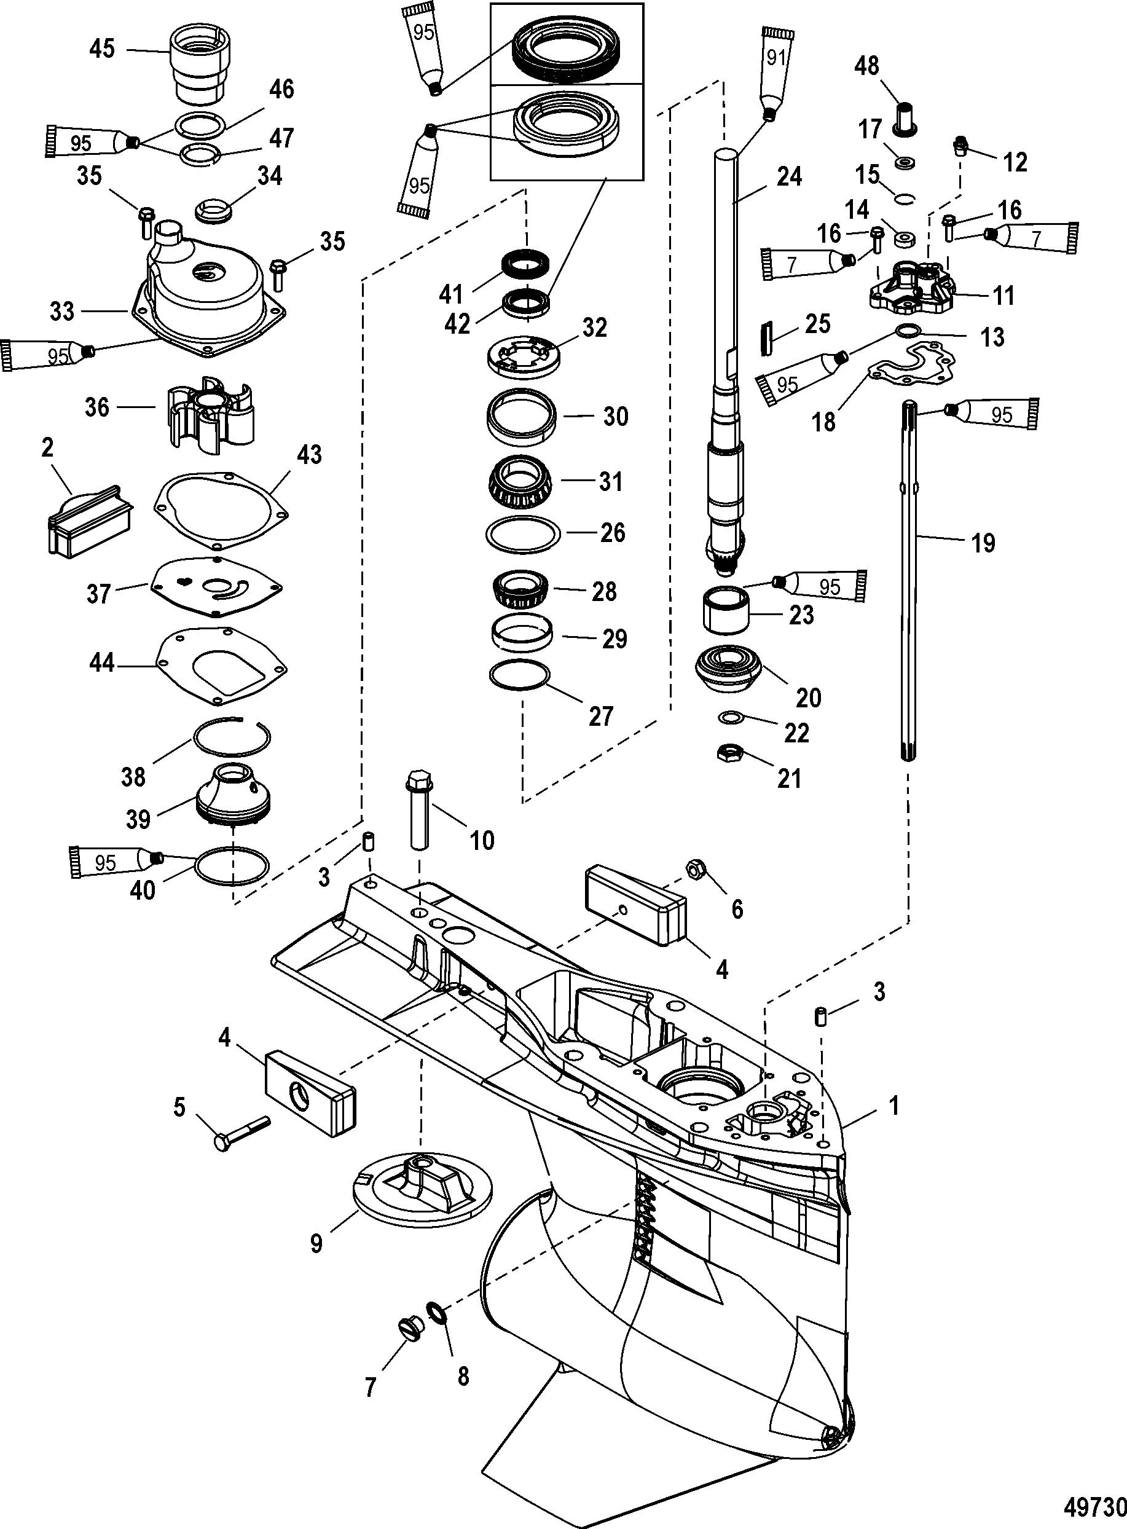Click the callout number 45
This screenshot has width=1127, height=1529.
(x=103, y=49)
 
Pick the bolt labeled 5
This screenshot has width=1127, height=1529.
(x=241, y=1133)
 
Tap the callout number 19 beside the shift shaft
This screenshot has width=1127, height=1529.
(x=983, y=543)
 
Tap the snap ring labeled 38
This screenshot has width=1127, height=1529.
(x=231, y=738)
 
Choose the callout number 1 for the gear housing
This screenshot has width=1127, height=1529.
(x=893, y=1104)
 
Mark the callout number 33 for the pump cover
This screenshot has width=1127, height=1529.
(x=63, y=312)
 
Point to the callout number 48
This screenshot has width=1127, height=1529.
(x=867, y=67)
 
